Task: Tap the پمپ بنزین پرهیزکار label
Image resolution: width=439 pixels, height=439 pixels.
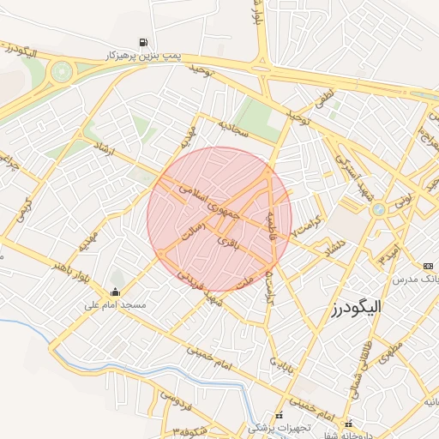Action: (x=143, y=55)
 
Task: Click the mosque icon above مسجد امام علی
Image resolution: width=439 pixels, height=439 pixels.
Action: (x=117, y=292)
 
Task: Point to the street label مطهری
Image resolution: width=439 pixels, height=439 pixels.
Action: (x=392, y=354)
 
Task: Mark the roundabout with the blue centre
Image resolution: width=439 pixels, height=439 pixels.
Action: (x=377, y=209)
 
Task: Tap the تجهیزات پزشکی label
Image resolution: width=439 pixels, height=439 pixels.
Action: (x=280, y=426)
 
